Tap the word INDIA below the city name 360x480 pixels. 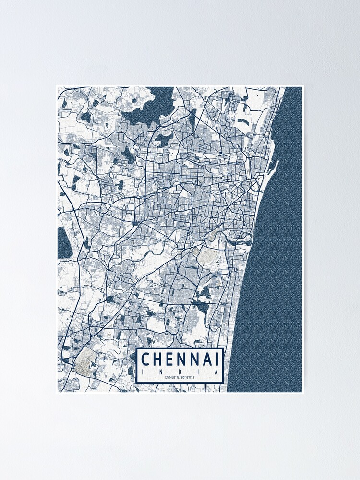coord(180,372)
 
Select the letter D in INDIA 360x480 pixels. coord(180,372)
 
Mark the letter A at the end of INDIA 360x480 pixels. coord(217,372)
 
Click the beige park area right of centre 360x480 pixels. coord(207,257)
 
